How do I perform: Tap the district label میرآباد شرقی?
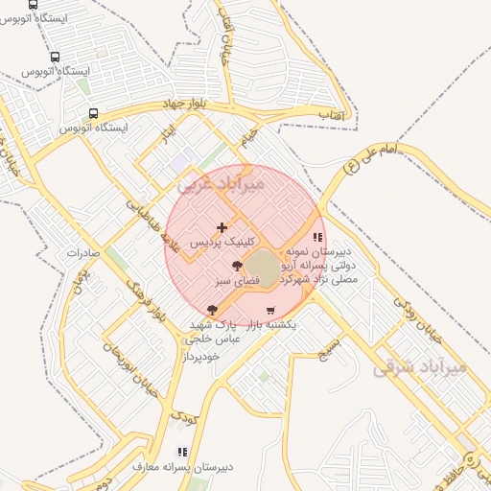(429, 365)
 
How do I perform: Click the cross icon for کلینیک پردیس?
(222, 228)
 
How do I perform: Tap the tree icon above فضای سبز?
(237, 266)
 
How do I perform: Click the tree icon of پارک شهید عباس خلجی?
(212, 310)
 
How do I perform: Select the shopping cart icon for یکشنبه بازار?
(270, 310)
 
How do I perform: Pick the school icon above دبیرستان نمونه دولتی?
(317, 238)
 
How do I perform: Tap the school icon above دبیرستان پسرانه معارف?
(181, 452)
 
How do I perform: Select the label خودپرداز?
(203, 356)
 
